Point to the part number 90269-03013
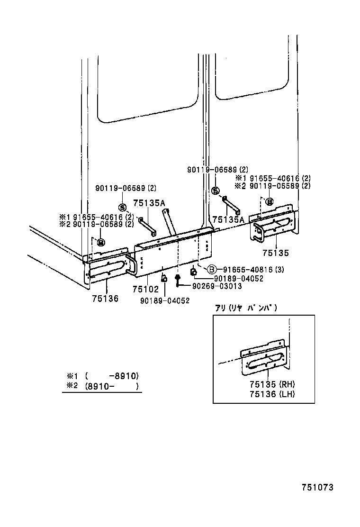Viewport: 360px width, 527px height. (x=216, y=286)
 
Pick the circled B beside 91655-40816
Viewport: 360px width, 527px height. (x=212, y=270)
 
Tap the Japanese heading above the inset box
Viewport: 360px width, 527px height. (x=245, y=308)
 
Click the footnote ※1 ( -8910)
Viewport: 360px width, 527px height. (x=102, y=376)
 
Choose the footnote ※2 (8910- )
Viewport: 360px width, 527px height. (x=102, y=386)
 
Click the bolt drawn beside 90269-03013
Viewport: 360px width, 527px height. (x=177, y=281)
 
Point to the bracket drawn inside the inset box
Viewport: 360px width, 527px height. (x=264, y=358)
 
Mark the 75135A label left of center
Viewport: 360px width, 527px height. (x=149, y=203)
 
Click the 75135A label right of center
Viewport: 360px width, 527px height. (x=228, y=219)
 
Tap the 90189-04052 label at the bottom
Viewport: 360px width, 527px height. (x=164, y=300)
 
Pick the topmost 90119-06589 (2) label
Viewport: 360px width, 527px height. (x=217, y=169)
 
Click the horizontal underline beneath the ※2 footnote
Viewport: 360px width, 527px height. (x=102, y=392)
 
